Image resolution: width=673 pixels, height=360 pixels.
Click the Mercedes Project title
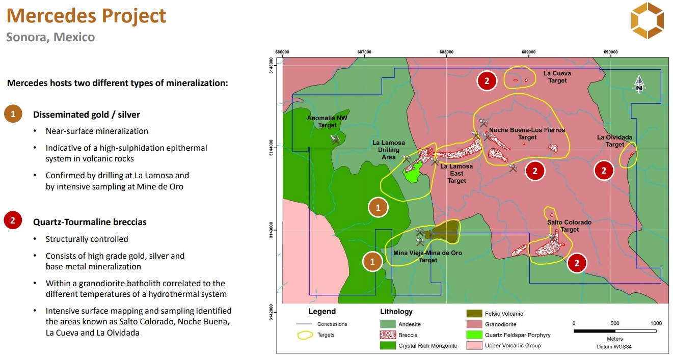[x=86, y=16]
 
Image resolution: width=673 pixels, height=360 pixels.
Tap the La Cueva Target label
[x=557, y=77]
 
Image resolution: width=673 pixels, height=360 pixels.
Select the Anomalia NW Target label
[x=327, y=121]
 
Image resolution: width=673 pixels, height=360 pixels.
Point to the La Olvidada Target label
[x=614, y=141]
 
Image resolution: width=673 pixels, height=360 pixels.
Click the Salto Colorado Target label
[x=569, y=226]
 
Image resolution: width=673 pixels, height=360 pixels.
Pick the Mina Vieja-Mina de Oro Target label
[x=427, y=257]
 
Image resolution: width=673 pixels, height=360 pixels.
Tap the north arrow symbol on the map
[x=639, y=84]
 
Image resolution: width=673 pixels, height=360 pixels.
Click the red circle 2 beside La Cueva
[x=487, y=81]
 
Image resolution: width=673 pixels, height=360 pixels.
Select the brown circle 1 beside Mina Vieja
[x=372, y=262]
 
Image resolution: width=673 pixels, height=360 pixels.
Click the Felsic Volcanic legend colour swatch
[x=474, y=314]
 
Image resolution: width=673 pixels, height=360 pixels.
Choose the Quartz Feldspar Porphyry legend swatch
[x=474, y=335]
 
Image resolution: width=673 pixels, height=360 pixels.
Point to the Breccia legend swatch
[x=388, y=335]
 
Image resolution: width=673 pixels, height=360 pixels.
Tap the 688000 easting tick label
[x=446, y=52]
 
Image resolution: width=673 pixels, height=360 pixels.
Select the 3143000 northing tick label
[x=271, y=230]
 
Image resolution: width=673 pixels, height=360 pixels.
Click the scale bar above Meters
[x=615, y=331]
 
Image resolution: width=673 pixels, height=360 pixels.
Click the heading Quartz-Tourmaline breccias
[x=90, y=222]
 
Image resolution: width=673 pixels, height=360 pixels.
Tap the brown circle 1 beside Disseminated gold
[x=13, y=114]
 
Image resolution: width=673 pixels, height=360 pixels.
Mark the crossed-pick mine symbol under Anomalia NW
[x=335, y=140]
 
